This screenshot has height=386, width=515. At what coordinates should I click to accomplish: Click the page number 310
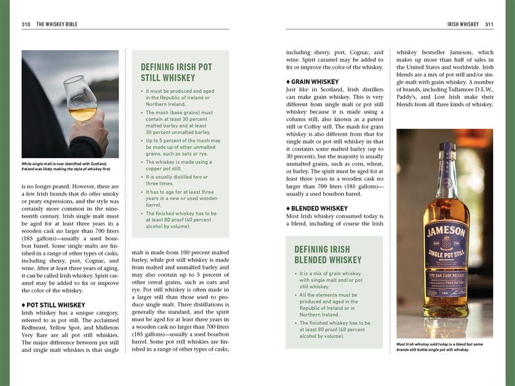point(26,24)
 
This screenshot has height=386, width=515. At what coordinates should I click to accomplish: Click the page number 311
point(489,24)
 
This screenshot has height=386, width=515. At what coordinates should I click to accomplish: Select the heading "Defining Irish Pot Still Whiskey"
point(176,72)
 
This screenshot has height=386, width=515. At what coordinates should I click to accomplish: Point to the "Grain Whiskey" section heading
point(312,82)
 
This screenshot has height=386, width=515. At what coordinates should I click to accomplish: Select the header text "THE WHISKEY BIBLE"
point(59,24)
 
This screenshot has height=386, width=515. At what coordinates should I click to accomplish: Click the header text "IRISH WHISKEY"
point(463,24)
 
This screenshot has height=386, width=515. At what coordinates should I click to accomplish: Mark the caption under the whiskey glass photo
point(66,166)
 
